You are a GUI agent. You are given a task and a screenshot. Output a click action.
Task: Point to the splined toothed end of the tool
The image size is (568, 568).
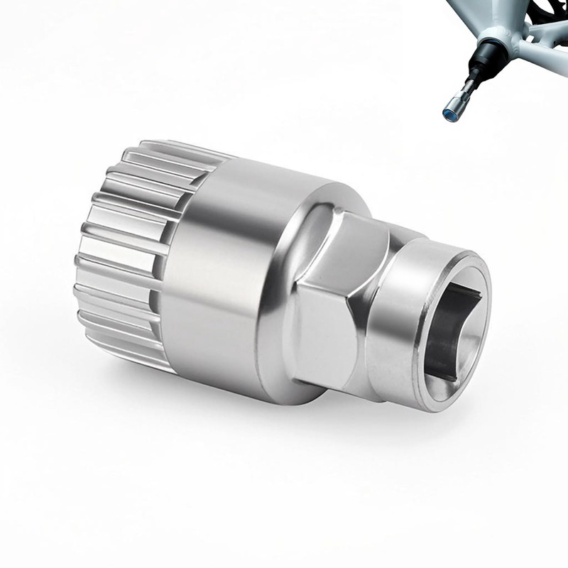click(x=121, y=248)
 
